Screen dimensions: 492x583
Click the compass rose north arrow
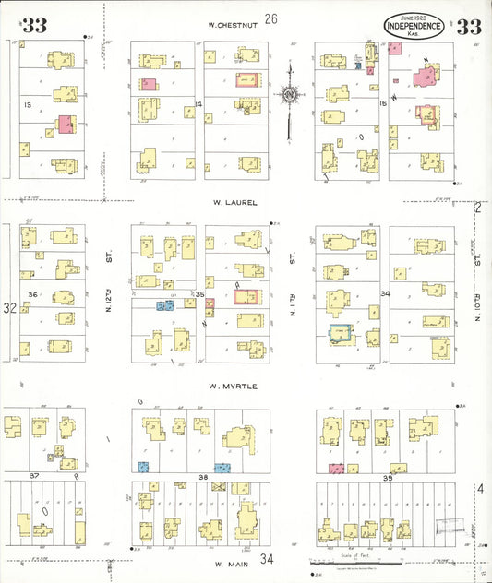[x=290, y=93]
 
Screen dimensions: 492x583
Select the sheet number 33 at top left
[x=34, y=26]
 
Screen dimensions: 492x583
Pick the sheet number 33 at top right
[x=468, y=27]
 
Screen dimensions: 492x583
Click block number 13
[x=28, y=106]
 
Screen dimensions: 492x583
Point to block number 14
[x=198, y=104]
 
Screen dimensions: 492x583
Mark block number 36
[x=32, y=295]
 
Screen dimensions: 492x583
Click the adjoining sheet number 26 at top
[x=270, y=18]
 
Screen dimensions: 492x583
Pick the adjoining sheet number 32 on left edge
[x=8, y=307]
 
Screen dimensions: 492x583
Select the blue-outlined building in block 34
[x=341, y=335]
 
